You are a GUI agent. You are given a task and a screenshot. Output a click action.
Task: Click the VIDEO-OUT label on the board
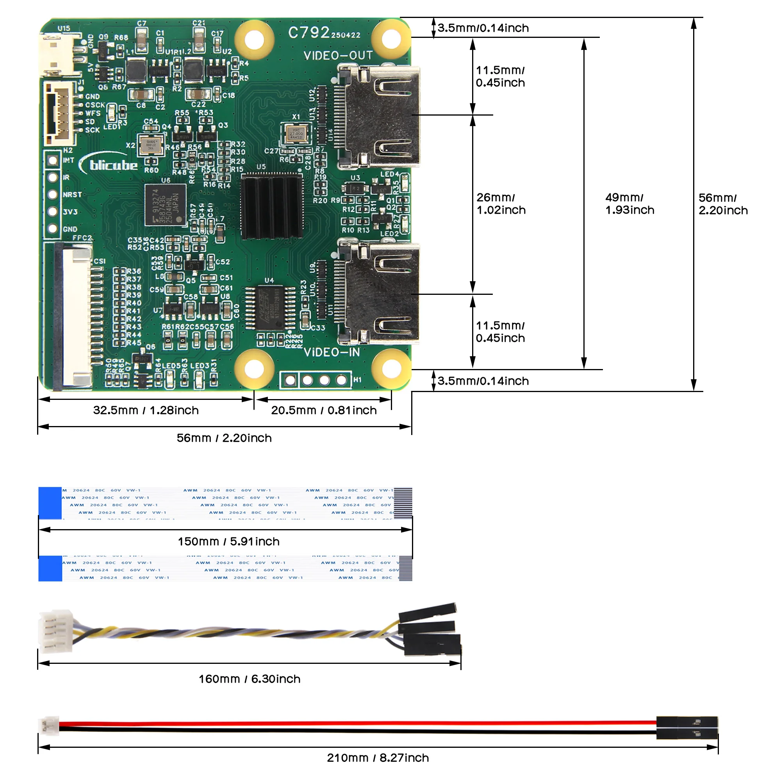(338, 55)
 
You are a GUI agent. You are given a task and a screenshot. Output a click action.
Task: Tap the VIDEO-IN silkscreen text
(332, 353)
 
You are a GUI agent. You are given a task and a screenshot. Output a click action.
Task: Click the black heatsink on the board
(272, 207)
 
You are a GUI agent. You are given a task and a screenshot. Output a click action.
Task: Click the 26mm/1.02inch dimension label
(501, 204)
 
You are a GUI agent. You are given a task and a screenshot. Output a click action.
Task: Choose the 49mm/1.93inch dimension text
(629, 204)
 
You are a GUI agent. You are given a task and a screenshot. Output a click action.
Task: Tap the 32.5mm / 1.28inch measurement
(146, 410)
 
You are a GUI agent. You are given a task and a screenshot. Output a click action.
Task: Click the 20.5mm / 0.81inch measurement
(324, 410)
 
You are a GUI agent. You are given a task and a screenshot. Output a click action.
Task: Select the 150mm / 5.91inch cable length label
(229, 542)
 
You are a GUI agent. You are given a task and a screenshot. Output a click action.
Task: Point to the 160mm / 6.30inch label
(250, 679)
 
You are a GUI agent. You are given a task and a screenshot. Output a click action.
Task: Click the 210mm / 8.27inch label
(378, 758)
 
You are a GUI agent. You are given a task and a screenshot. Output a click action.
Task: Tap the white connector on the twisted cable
(55, 631)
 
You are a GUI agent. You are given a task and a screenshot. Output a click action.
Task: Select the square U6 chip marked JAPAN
(165, 205)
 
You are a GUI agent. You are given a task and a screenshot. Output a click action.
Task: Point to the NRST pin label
(72, 195)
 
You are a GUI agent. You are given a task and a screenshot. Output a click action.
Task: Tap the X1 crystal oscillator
(296, 134)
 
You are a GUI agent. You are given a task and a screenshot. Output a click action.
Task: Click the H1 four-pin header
(316, 380)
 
